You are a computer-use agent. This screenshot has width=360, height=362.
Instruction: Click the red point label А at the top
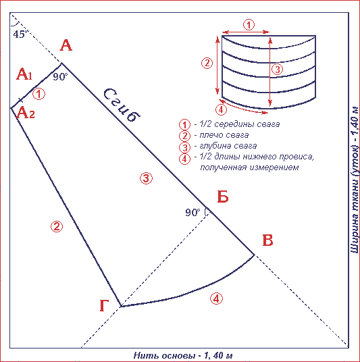click(x=66, y=45)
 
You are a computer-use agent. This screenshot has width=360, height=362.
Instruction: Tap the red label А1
click(x=24, y=74)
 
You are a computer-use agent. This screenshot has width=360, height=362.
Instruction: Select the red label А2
click(x=26, y=113)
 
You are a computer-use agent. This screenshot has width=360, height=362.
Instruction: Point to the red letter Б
click(x=223, y=197)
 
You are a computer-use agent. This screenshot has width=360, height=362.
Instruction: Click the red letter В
click(x=268, y=240)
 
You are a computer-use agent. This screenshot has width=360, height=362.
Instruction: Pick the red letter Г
click(x=104, y=305)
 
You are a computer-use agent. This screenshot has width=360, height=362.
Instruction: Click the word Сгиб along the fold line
click(x=122, y=105)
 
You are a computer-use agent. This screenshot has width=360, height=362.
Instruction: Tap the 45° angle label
click(x=20, y=34)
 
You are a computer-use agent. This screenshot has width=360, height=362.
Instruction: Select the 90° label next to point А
click(x=60, y=76)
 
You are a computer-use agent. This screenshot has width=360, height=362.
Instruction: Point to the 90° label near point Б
click(x=192, y=212)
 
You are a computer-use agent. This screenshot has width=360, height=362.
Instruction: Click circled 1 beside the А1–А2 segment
click(x=38, y=94)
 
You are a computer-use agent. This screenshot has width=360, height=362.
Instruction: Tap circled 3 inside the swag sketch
click(x=278, y=69)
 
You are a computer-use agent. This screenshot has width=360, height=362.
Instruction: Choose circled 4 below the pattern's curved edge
click(x=216, y=299)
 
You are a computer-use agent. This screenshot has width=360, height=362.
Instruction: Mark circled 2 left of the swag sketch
click(x=207, y=63)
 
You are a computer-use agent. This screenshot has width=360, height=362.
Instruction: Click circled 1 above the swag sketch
click(x=249, y=25)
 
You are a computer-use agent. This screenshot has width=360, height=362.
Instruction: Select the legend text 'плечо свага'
click(x=224, y=135)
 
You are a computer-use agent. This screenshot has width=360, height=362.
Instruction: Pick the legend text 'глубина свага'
click(x=228, y=146)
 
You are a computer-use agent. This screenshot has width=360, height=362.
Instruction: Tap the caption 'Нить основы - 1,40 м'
click(x=183, y=355)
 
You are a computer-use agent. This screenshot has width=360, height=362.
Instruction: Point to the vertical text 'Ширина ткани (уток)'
click(x=355, y=199)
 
